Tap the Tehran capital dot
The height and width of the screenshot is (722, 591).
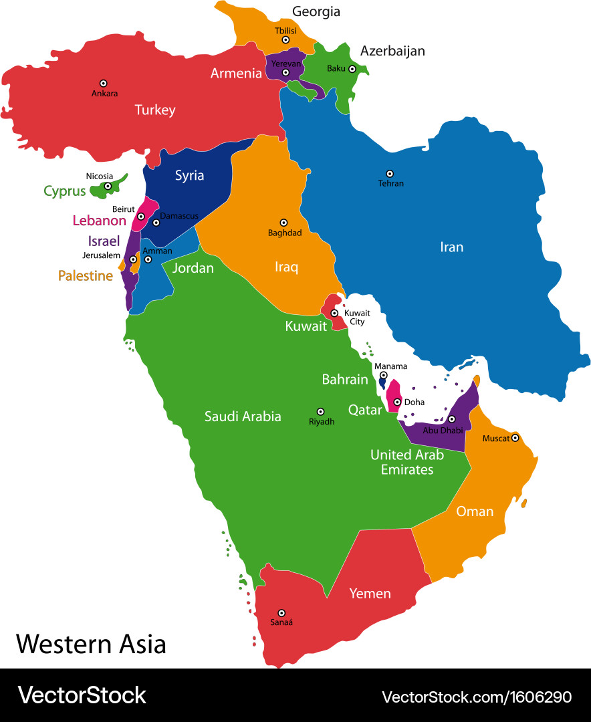point(390,173)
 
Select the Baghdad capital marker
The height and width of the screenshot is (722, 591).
point(283,223)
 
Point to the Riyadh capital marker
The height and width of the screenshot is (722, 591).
point(320,412)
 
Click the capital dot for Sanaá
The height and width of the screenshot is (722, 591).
point(281,612)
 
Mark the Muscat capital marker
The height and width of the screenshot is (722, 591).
point(515,439)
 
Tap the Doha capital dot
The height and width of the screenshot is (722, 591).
point(397,402)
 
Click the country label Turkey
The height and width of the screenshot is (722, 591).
point(154,110)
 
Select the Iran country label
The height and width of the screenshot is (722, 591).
point(451,247)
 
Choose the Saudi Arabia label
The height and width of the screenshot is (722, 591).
point(242,416)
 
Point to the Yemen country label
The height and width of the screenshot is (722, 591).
point(370,594)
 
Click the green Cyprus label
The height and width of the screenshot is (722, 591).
point(65,191)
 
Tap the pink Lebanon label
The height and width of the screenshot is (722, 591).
point(99,221)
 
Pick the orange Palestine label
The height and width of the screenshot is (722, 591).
point(85,275)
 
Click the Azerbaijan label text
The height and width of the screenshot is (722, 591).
point(392,51)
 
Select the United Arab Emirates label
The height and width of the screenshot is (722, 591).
point(407,462)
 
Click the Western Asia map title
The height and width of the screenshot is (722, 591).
point(91,644)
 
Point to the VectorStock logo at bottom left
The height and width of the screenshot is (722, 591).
point(82,695)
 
